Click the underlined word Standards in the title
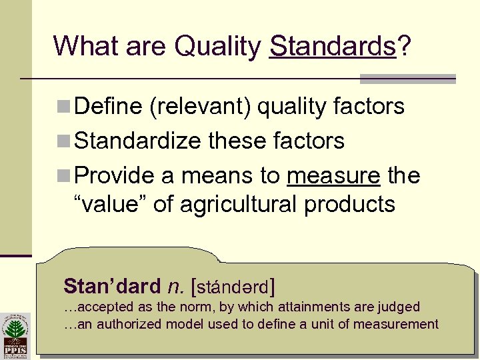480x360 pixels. [333, 47]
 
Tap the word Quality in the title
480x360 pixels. [218, 47]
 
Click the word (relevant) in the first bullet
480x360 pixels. [201, 107]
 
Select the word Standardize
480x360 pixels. [139, 141]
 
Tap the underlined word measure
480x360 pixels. [333, 176]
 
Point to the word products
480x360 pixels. [349, 205]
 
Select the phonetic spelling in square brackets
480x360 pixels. [233, 287]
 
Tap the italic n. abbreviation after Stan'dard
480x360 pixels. [175, 287]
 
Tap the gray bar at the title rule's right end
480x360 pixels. [407, 79]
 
